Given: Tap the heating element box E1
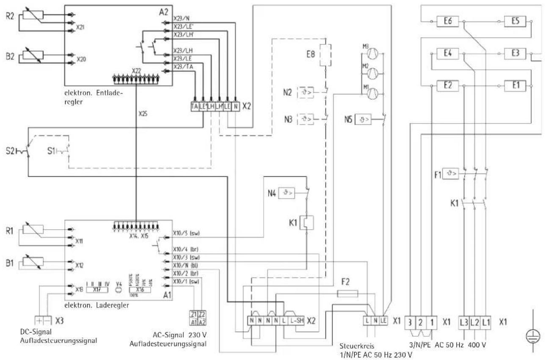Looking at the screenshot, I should [515, 85].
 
